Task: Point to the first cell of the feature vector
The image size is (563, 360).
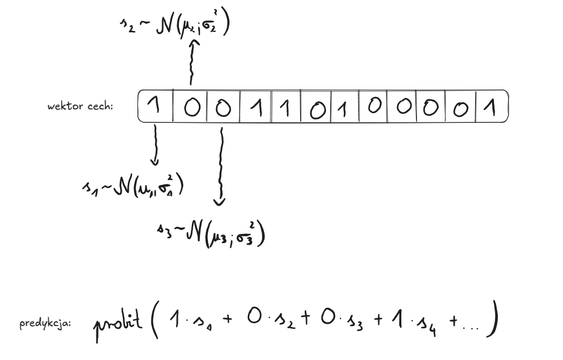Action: coord(155,107)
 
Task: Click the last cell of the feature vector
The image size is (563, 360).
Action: coord(490,107)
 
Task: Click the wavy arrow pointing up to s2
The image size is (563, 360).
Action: coord(190,64)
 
